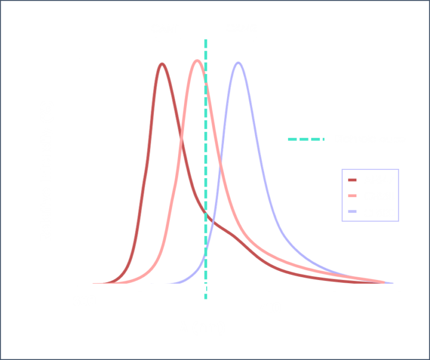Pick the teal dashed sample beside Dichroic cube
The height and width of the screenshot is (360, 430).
coord(306,140)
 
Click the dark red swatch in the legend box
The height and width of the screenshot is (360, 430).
coord(352,185)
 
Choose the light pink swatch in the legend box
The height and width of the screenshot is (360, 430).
coord(352,202)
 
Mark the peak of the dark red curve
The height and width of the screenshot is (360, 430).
coord(162,63)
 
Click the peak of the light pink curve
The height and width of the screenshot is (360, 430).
coord(196,60)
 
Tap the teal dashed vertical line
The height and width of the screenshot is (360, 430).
coord(206,163)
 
